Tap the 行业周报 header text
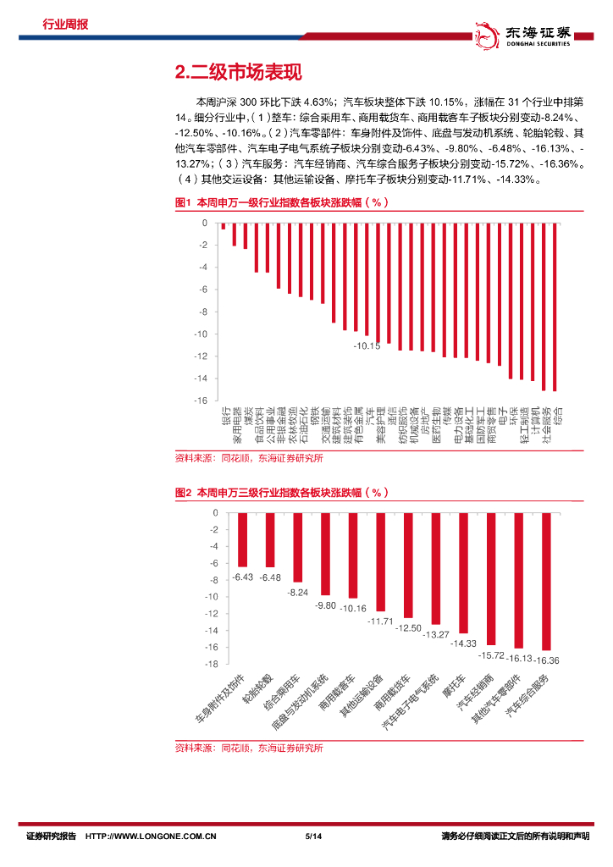pos(65,25)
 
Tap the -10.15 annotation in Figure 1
pos(367,346)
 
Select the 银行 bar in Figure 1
pos(224,226)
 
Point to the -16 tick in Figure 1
pos(202,400)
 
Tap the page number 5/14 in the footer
pos(311,837)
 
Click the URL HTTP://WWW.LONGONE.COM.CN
pos(152,837)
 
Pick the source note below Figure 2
pos(249,748)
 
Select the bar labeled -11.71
pos(380,562)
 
